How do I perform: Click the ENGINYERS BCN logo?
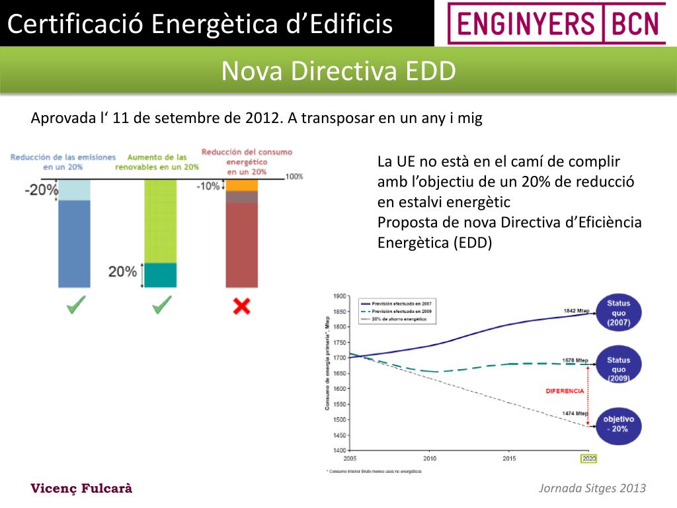[x=556, y=23]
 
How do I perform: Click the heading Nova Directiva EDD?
[x=338, y=71]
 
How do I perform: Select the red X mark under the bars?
[x=242, y=306]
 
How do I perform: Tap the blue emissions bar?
[x=74, y=243]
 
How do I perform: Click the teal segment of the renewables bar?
[x=161, y=275]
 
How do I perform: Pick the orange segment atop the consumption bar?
[x=242, y=185]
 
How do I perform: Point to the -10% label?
[x=208, y=187]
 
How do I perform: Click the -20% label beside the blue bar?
[x=41, y=190]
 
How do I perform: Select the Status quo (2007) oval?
[x=618, y=314]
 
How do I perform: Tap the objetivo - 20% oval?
[x=618, y=424]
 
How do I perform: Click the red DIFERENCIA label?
[x=565, y=391]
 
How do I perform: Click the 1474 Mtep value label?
[x=575, y=413]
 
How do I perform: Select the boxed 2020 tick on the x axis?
[x=588, y=458]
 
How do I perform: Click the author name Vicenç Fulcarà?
[x=82, y=489]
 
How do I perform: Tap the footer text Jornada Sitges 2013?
[x=592, y=489]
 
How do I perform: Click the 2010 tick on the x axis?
[x=430, y=458]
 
